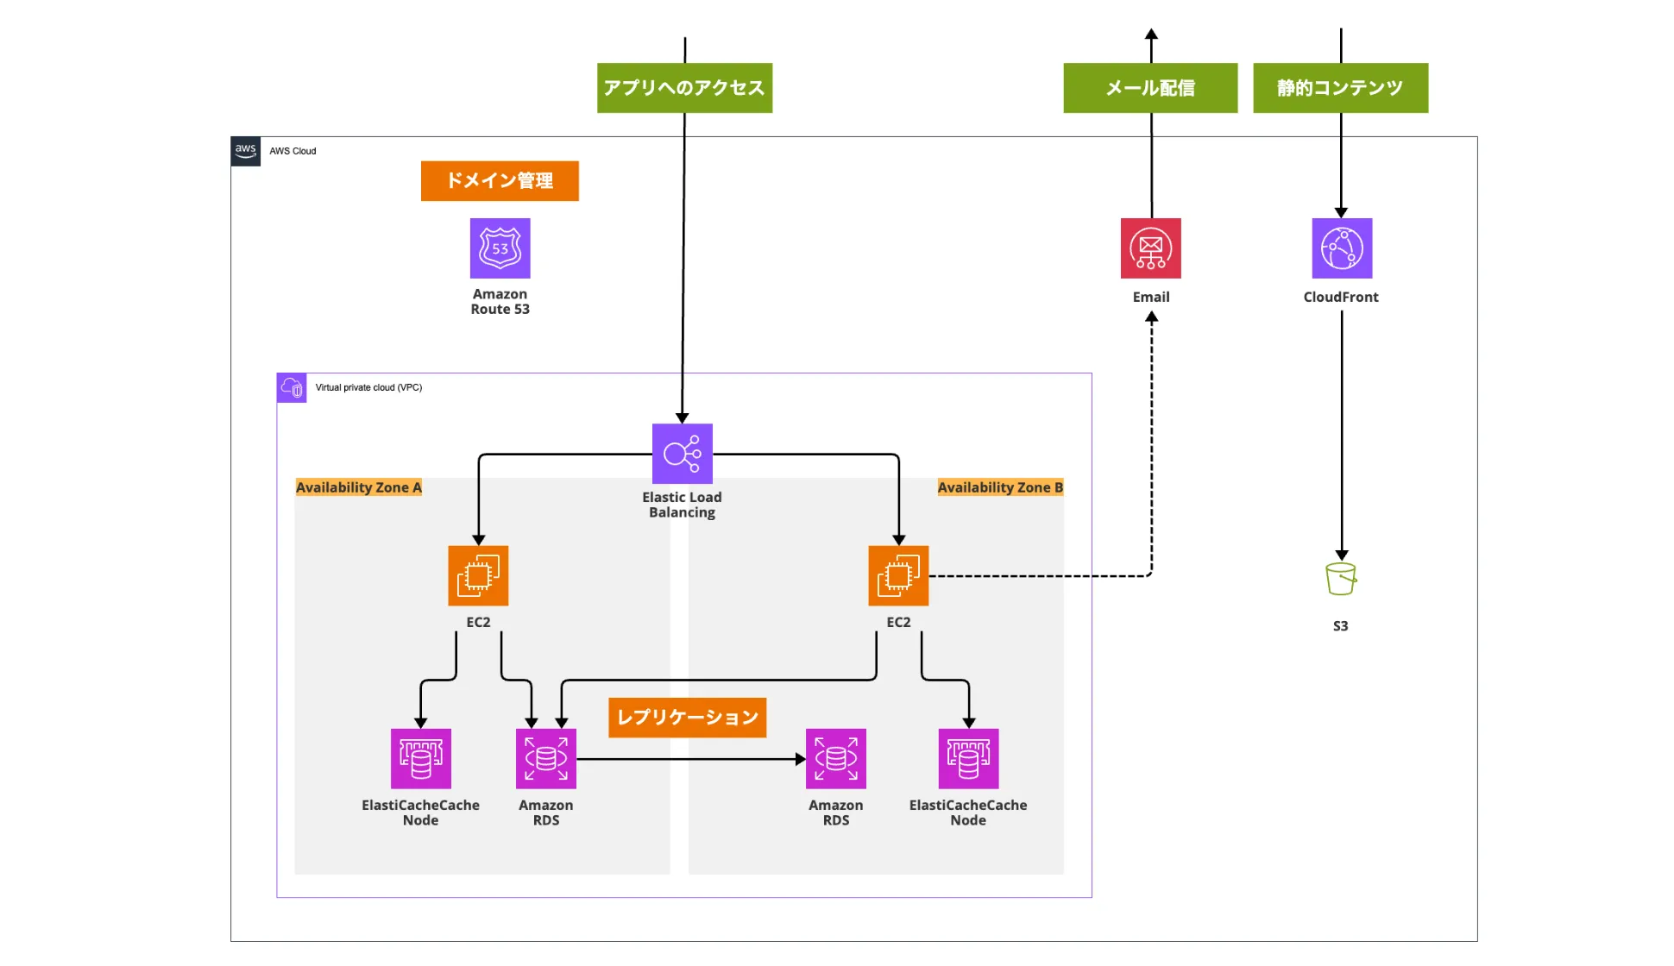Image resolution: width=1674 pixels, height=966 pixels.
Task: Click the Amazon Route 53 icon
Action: tap(500, 248)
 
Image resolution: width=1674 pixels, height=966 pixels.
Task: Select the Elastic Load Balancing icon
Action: tap(682, 454)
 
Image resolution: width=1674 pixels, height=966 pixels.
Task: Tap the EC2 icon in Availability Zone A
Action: tap(478, 575)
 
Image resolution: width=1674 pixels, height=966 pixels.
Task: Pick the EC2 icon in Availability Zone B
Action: tap(898, 575)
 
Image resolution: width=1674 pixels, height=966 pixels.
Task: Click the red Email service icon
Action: tap(1150, 248)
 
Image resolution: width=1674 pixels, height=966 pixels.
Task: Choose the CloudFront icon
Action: tap(1342, 248)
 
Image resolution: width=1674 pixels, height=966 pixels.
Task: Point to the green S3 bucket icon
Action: tap(1341, 579)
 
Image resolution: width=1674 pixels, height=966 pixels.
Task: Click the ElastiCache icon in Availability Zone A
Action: tap(420, 759)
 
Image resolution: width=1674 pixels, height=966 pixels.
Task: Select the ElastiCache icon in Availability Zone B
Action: tap(968, 759)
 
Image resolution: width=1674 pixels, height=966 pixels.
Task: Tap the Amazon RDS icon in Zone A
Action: tap(545, 759)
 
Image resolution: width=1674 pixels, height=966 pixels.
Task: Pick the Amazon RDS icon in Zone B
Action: tap(835, 759)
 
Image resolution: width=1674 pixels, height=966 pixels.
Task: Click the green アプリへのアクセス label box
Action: tap(684, 88)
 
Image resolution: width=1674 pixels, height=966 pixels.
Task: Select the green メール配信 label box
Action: tap(1150, 88)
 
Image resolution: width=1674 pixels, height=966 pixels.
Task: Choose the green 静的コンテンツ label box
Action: tap(1340, 88)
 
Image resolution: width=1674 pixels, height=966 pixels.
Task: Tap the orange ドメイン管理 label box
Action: tap(500, 181)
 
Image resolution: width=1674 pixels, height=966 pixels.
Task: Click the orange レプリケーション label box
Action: tap(687, 718)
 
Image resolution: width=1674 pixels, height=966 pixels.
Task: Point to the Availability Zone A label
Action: tap(359, 487)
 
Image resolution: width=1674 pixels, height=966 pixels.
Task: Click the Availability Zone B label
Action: tap(1000, 487)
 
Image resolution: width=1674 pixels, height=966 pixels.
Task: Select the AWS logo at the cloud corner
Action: tap(246, 151)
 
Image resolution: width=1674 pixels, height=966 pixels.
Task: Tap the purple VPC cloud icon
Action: tap(292, 388)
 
